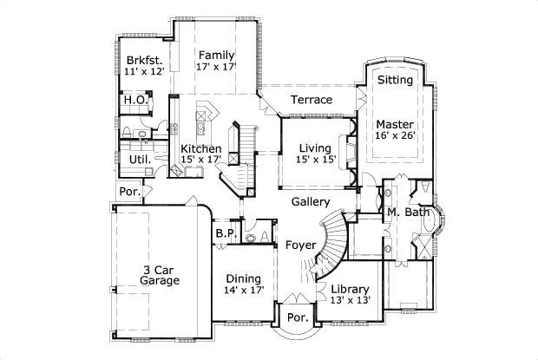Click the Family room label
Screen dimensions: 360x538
tap(216, 56)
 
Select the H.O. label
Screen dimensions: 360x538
tap(134, 100)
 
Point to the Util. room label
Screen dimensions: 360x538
tap(140, 160)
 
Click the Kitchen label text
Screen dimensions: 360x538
tap(200, 148)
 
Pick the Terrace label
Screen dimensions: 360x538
tap(311, 100)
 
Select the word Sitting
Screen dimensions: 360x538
tap(395, 81)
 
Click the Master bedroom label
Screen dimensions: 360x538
tap(395, 124)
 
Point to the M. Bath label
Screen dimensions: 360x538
tap(408, 213)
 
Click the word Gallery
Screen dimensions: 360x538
tap(310, 201)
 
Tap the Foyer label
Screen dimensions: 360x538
tap(300, 245)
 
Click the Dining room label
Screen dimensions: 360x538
tap(245, 278)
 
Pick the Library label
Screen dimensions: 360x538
tap(351, 289)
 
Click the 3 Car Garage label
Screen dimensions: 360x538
tap(161, 275)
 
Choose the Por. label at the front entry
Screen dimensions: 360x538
tap(298, 318)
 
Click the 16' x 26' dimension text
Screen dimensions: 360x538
tap(395, 136)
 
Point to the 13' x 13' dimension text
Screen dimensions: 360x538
tap(351, 300)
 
